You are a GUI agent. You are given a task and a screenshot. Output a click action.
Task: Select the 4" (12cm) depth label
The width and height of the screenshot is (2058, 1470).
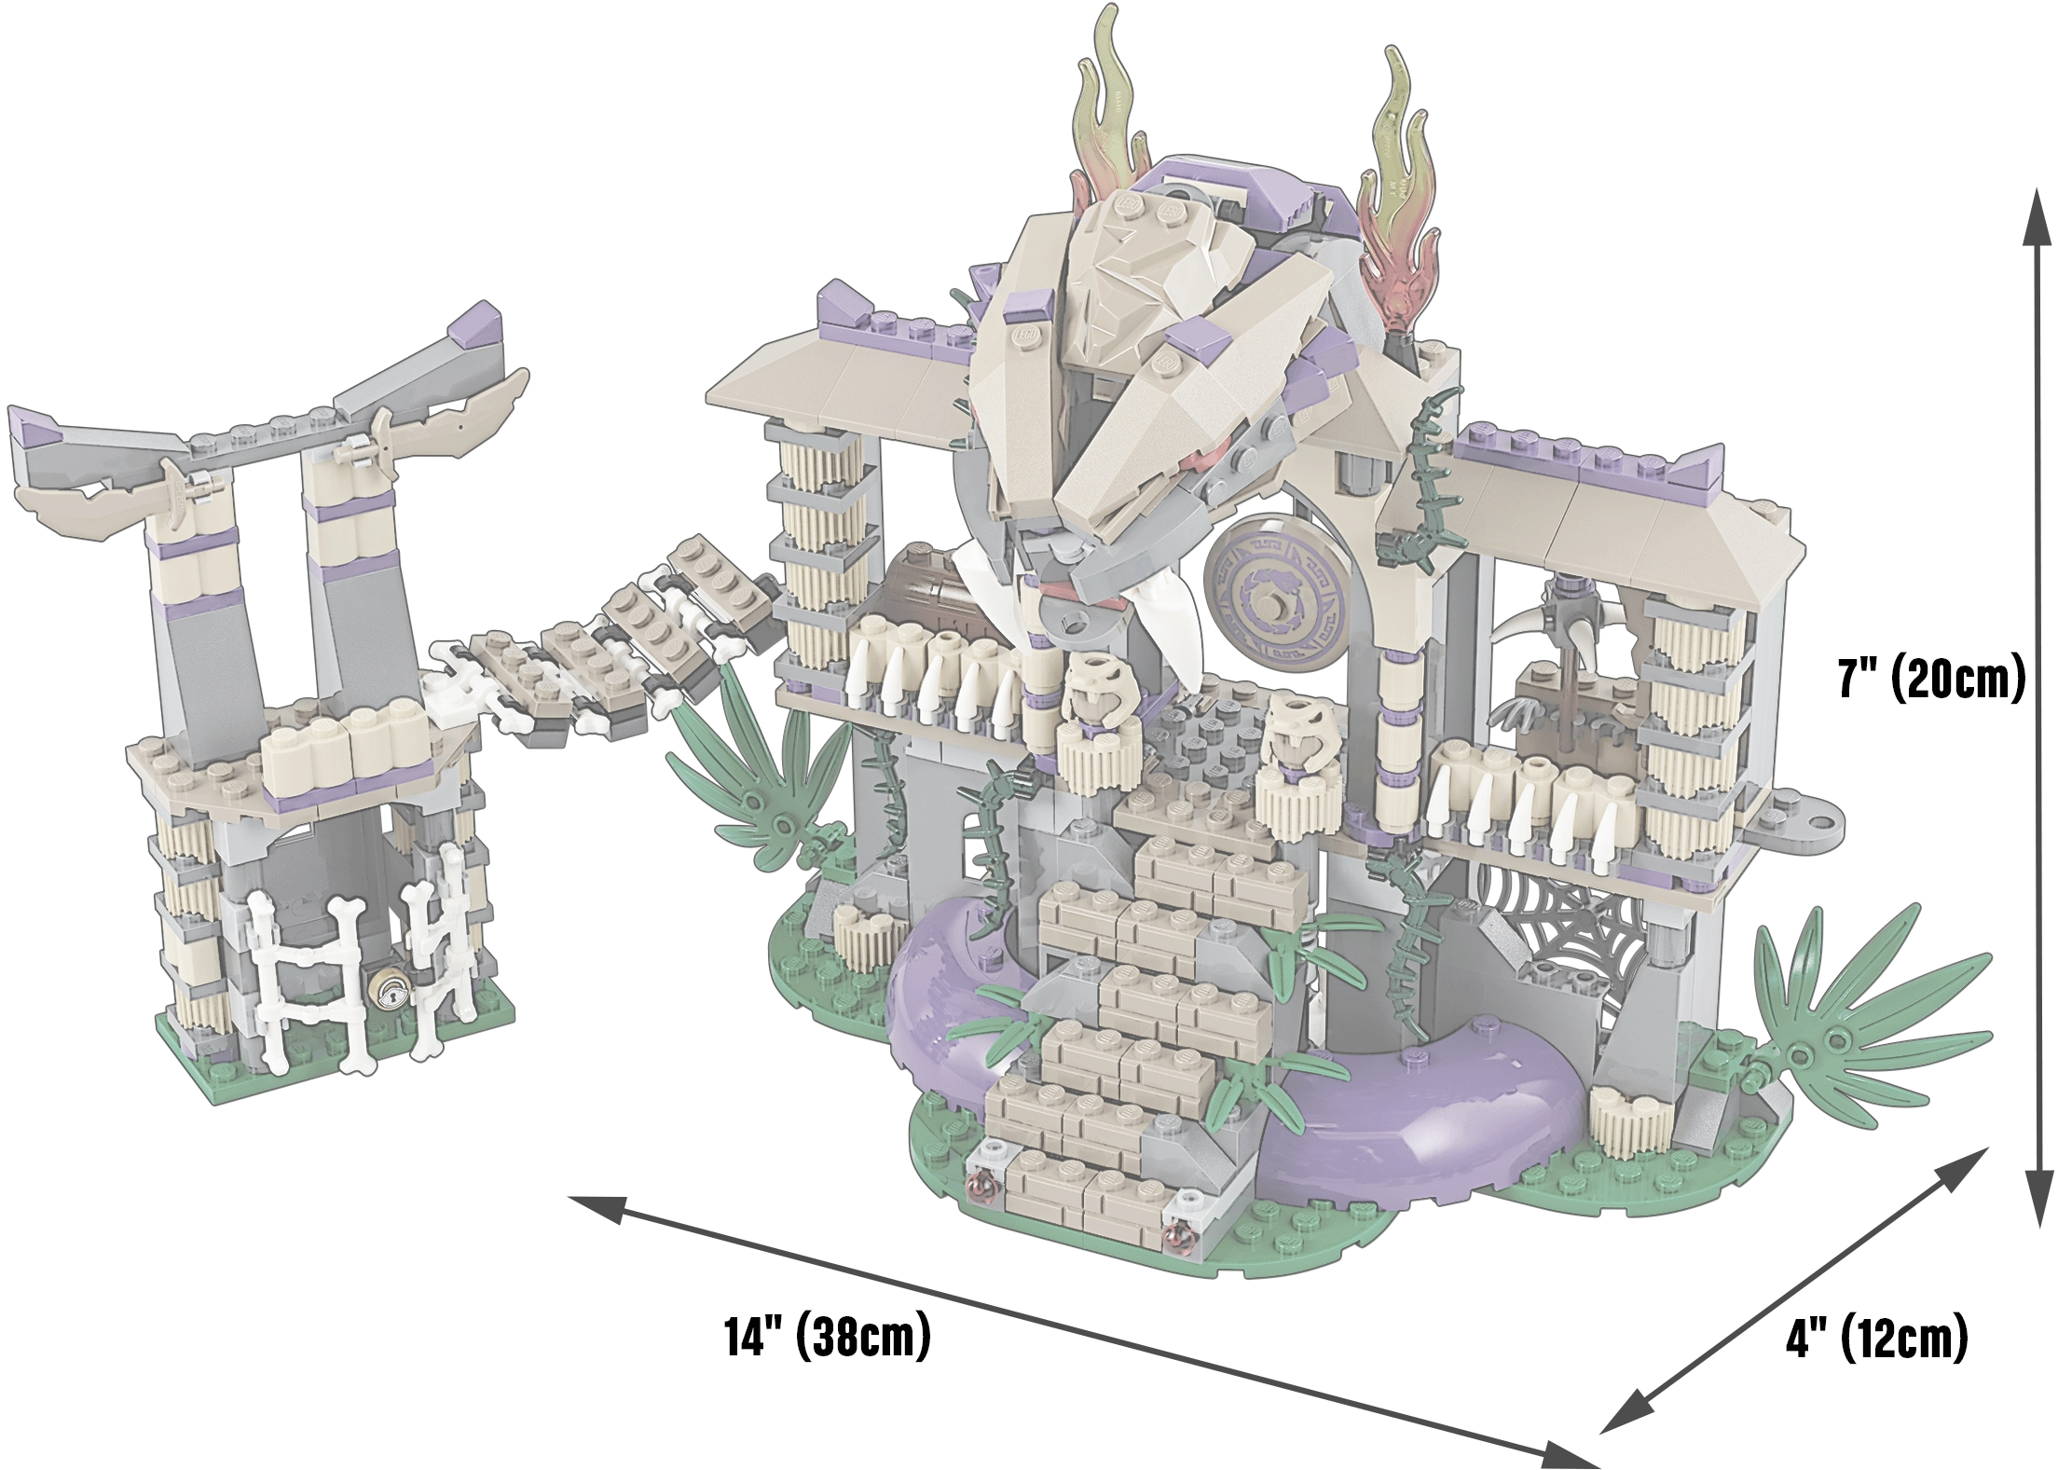click(1876, 1339)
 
